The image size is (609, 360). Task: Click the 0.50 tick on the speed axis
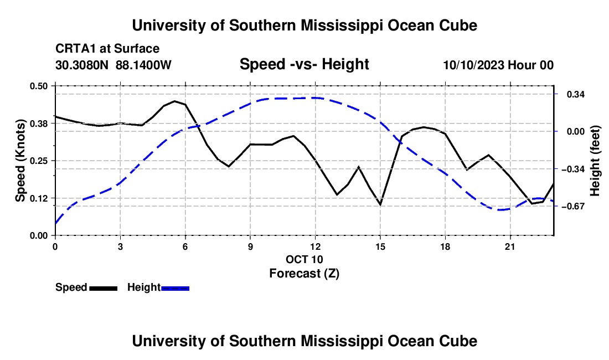click(x=39, y=86)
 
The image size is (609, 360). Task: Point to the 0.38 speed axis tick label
click(x=39, y=124)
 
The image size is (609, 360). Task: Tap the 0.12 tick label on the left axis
click(x=39, y=198)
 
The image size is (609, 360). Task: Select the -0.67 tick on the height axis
click(x=573, y=206)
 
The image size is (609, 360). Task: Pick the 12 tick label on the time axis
click(x=316, y=246)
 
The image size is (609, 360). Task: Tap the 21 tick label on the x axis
click(x=510, y=246)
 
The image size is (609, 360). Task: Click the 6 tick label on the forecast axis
click(x=185, y=246)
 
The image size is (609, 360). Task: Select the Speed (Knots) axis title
click(x=20, y=161)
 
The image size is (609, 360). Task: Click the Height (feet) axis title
click(x=595, y=161)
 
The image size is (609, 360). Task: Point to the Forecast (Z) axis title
click(x=304, y=274)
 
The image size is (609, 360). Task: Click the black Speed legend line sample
click(x=104, y=288)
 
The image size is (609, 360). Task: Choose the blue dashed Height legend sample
click(x=175, y=288)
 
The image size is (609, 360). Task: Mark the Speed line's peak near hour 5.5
click(x=174, y=101)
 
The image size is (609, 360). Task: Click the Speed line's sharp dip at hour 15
click(x=380, y=204)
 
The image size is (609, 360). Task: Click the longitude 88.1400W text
click(x=143, y=65)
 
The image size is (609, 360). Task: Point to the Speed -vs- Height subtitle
click(x=304, y=64)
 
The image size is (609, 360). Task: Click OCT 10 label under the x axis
click(x=304, y=259)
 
